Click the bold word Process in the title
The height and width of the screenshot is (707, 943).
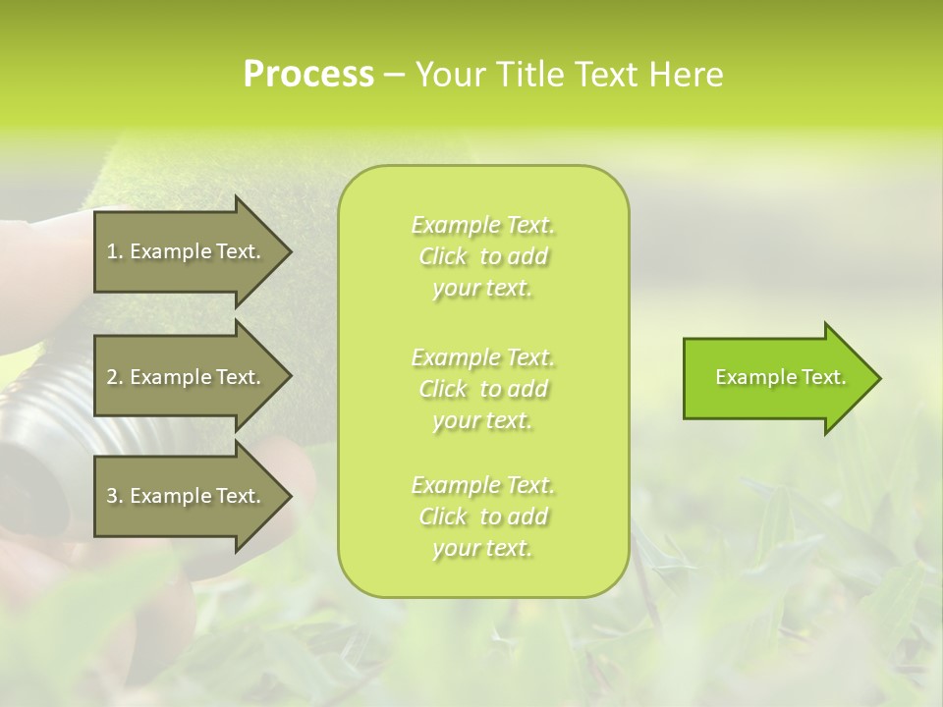pos(308,75)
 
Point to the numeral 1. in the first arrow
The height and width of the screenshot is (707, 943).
pos(115,251)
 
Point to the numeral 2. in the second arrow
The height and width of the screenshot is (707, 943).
pos(115,377)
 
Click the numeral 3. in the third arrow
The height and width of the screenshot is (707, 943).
pos(115,496)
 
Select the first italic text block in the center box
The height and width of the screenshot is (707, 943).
pos(483,256)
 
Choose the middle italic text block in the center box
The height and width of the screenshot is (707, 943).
pos(483,388)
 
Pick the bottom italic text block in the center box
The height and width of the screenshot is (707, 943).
pos(483,517)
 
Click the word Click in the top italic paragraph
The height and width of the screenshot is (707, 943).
pos(443,257)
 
